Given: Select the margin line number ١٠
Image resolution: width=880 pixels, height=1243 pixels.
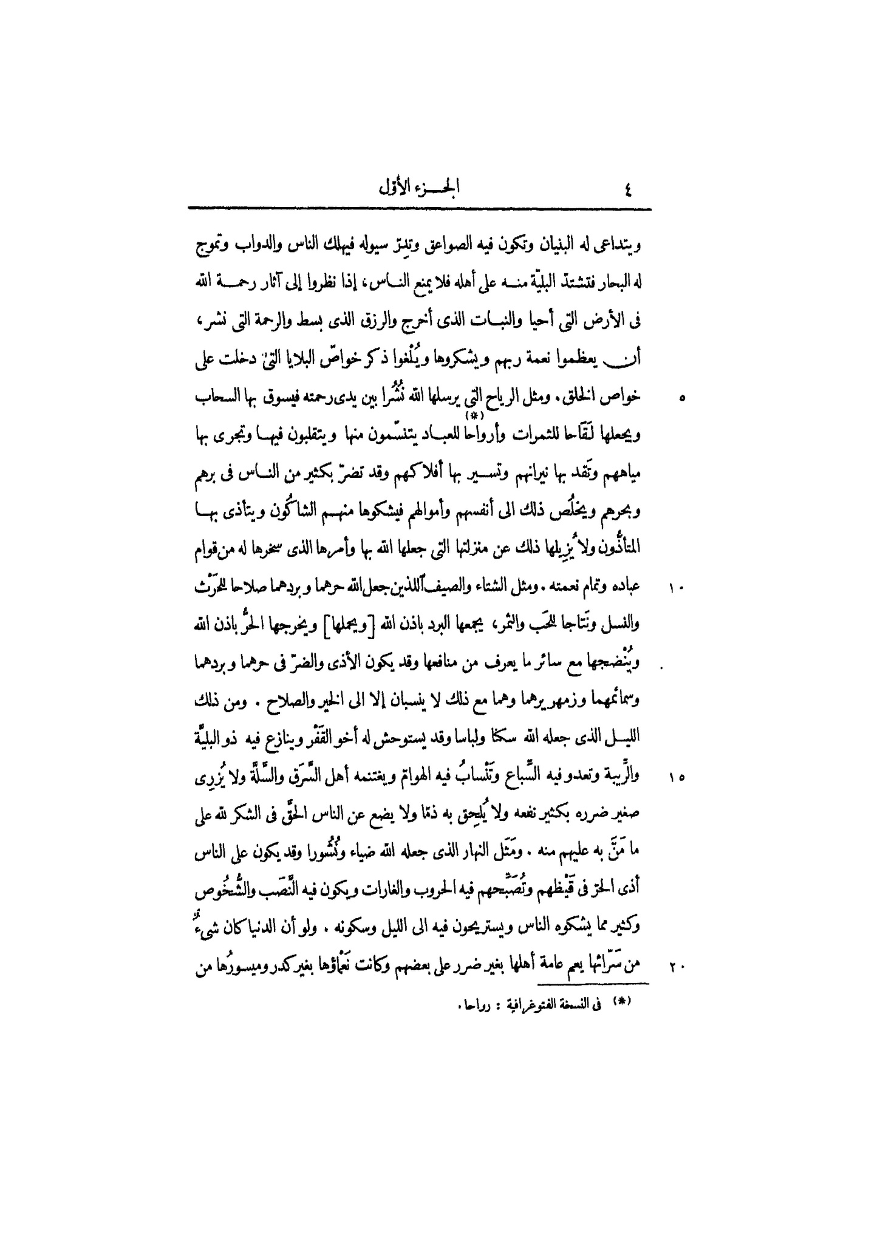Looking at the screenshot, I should coord(677,588).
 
